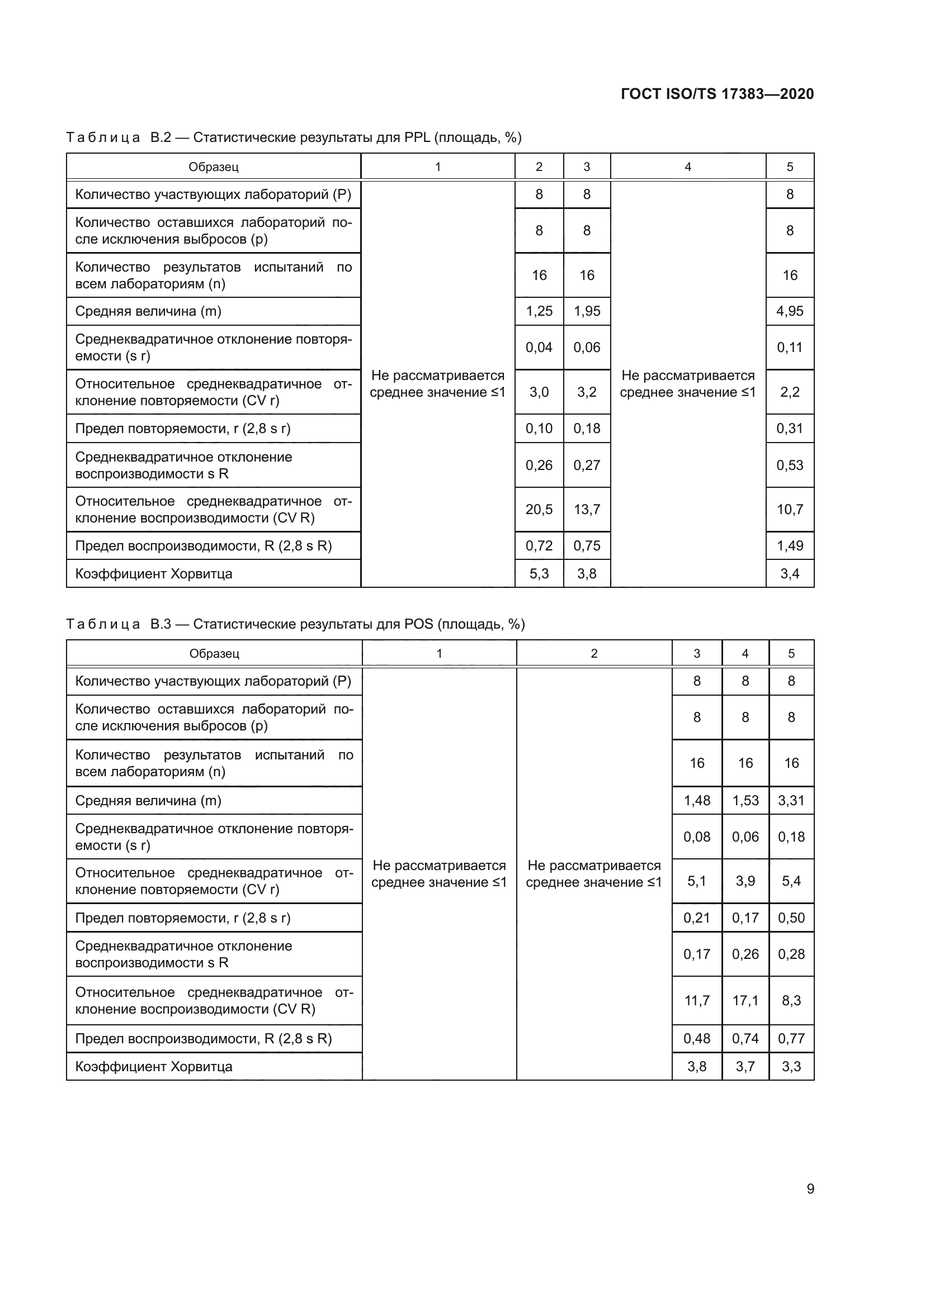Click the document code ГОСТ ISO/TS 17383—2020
[x=717, y=94]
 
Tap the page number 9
[x=810, y=1189]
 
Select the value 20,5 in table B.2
[x=539, y=510]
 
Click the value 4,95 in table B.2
[x=790, y=311]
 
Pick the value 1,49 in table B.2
[x=790, y=546]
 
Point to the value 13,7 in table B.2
[x=587, y=510]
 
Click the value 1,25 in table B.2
[x=539, y=311]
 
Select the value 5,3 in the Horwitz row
[x=539, y=574]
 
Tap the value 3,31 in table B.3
[x=791, y=800]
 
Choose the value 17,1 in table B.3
[x=745, y=1001]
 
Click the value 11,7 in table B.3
[x=697, y=1001]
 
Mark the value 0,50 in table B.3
[x=791, y=918]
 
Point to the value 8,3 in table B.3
[x=791, y=1001]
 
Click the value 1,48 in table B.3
[x=697, y=800]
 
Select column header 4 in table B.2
[x=687, y=167]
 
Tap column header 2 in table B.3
[x=593, y=654]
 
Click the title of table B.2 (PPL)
[x=294, y=138]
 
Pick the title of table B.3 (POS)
[x=296, y=625]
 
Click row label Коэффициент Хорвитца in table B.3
[x=154, y=1066]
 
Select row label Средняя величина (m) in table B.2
[x=148, y=311]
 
